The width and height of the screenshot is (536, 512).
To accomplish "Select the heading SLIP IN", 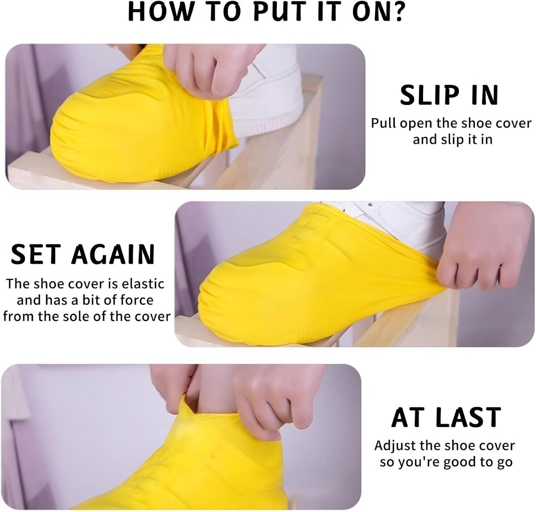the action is (x=449, y=95).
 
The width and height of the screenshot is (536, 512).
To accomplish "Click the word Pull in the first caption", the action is (x=384, y=123).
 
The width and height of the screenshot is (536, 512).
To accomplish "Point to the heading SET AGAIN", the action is (x=82, y=254).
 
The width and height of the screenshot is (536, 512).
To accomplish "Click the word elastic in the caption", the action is (x=143, y=284).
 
